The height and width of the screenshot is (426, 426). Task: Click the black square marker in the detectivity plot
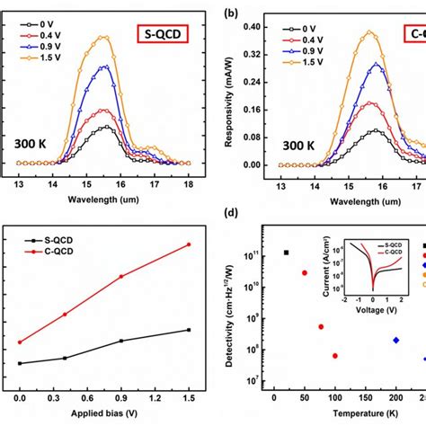(x=287, y=253)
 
